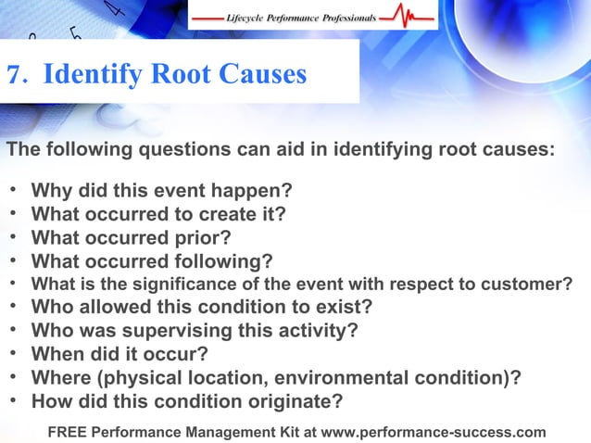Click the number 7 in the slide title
(14, 73)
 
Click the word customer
(532, 284)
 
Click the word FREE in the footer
(69, 431)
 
